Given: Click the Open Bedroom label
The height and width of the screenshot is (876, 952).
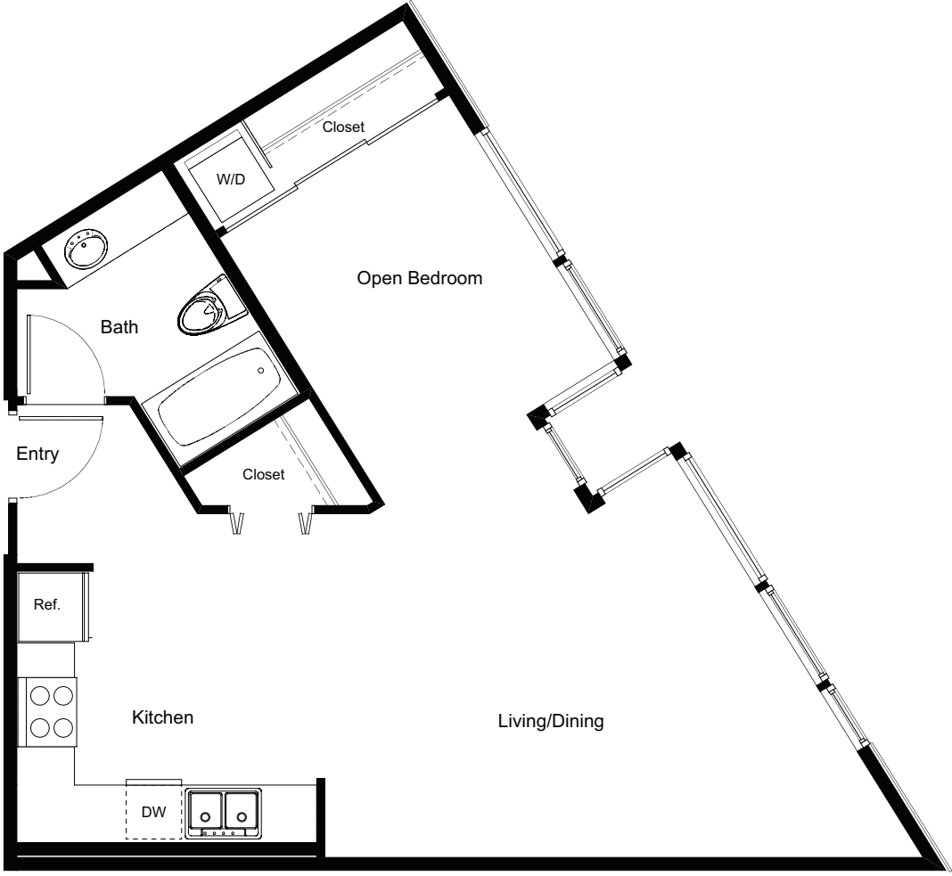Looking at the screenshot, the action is click(x=420, y=278).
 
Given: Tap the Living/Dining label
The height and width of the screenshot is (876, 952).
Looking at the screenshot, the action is click(x=551, y=721).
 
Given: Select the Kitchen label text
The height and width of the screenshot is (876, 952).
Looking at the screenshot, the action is click(x=163, y=717).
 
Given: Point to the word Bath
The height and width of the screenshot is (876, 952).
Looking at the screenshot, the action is click(x=119, y=326).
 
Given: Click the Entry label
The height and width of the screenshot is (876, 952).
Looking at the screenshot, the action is click(x=37, y=454).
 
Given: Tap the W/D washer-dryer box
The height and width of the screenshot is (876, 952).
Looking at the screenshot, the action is click(x=231, y=180).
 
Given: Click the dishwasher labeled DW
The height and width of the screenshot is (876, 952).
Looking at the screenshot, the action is click(x=153, y=812).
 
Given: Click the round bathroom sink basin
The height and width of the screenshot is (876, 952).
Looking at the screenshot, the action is click(x=86, y=249).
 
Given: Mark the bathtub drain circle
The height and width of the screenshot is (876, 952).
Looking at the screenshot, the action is click(x=261, y=371).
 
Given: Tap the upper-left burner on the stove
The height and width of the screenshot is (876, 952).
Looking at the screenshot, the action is click(x=40, y=695).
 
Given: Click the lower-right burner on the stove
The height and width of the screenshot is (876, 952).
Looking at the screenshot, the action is click(x=63, y=726).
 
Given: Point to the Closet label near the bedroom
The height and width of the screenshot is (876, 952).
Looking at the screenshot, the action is click(x=344, y=127).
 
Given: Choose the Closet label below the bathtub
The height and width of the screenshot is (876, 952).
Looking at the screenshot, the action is click(x=264, y=474).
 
